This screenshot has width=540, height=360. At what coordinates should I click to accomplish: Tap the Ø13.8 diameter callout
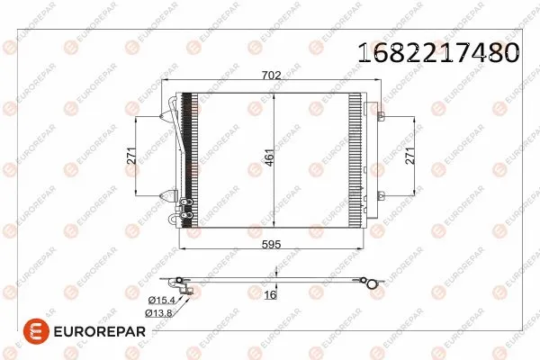pos(157,312)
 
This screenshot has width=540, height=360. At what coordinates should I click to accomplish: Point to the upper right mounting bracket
pos(381,115)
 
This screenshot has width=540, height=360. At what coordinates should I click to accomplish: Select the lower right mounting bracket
pos(381,195)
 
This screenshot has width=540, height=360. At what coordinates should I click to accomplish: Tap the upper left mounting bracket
pos(168,115)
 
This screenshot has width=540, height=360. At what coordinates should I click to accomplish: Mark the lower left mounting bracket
pos(168,194)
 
